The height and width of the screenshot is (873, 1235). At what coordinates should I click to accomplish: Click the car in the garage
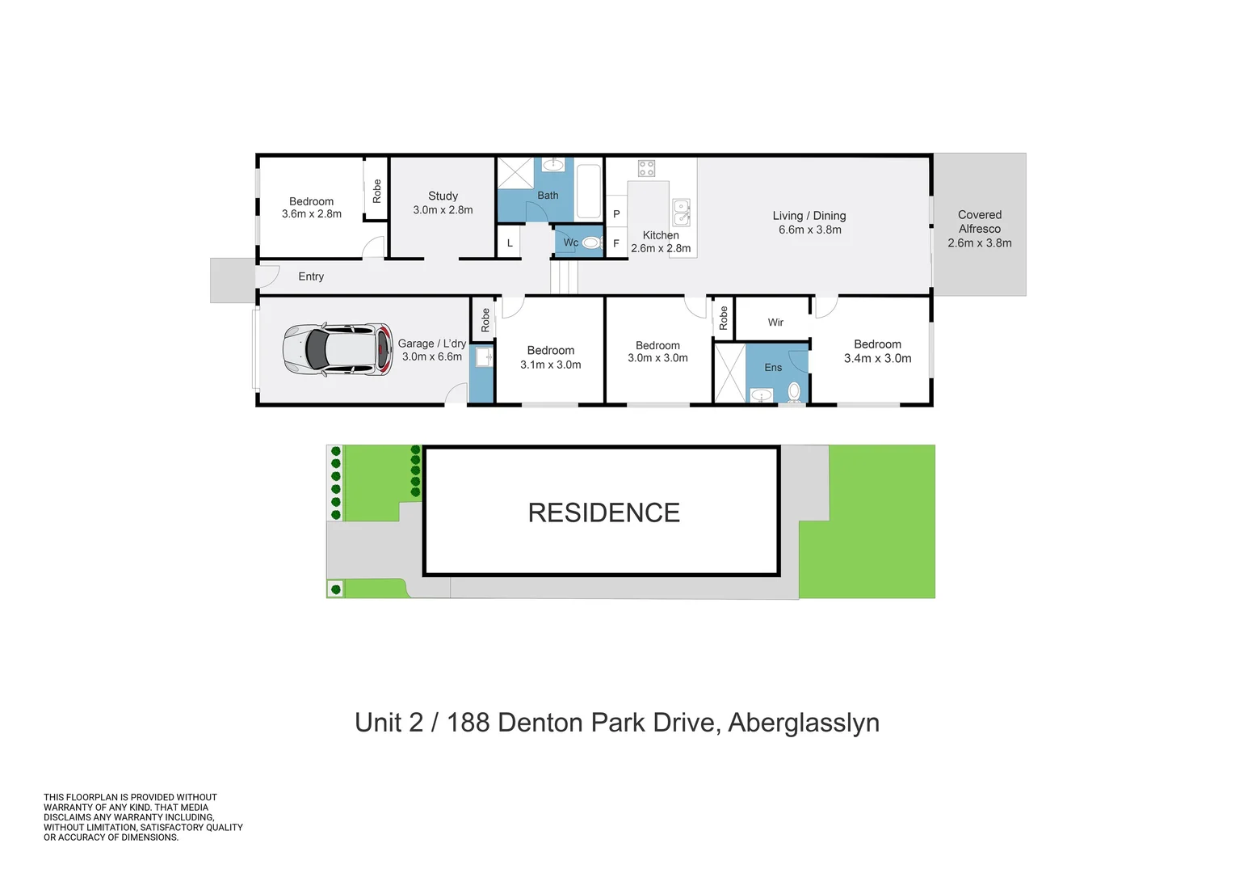point(338,349)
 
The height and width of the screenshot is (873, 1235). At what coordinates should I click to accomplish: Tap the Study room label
point(443,196)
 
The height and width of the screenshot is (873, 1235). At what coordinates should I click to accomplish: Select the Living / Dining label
point(809,216)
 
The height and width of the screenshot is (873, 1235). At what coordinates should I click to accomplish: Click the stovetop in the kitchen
point(646,168)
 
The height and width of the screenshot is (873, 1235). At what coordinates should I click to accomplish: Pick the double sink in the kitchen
point(682,213)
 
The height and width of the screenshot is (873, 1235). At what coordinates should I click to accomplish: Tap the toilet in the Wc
point(591,242)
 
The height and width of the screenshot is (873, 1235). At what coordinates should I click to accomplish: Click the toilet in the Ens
point(794,392)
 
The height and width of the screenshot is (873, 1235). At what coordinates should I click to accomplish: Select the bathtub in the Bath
point(588,192)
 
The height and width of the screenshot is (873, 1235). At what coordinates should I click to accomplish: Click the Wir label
point(775,323)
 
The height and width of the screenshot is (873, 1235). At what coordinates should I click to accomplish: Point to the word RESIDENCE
point(603,512)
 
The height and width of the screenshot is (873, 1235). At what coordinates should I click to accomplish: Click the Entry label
point(311,276)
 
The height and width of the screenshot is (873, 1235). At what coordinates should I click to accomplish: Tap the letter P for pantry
point(616,214)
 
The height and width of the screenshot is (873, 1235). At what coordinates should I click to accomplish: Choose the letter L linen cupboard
point(510,242)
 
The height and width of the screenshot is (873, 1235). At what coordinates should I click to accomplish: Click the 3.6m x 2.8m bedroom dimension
point(312,214)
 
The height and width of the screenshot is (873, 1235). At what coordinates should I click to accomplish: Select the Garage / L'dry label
point(431,344)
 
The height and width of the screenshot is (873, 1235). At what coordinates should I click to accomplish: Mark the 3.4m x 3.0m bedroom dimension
point(877,358)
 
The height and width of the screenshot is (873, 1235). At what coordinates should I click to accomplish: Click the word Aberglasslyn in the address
point(804,723)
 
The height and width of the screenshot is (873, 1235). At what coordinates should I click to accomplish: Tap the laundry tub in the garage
point(484,356)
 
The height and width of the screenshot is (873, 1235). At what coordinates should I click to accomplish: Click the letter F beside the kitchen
point(616,243)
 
